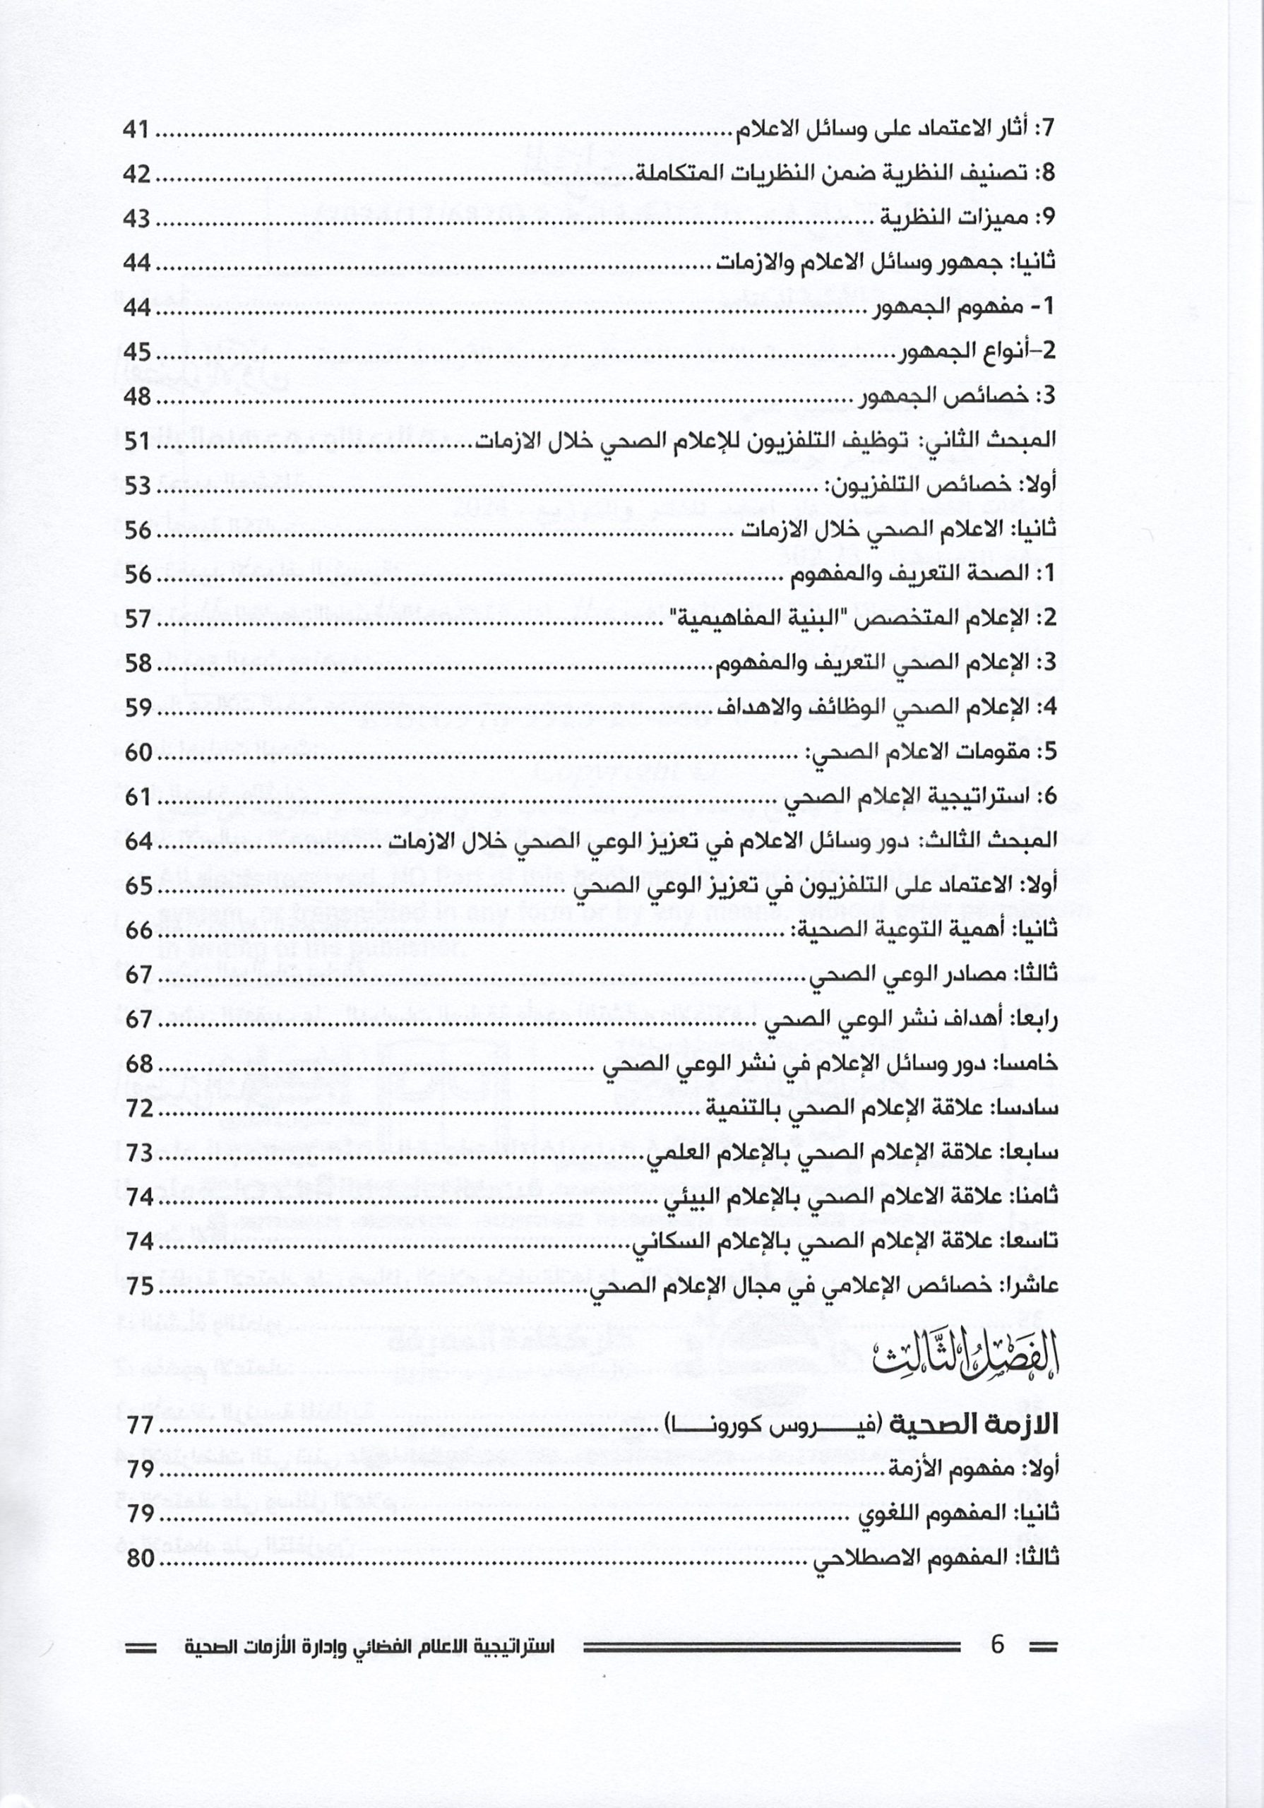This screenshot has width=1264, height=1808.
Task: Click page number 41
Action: pos(136,129)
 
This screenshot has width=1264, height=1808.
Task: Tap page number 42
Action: pos(136,174)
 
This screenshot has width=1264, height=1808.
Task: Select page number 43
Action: pos(136,218)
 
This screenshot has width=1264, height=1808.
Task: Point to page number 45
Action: pos(136,352)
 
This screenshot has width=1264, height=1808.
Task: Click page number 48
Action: pos(136,397)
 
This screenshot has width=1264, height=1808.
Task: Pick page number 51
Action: pos(136,441)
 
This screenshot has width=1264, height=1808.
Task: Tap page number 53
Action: pos(136,486)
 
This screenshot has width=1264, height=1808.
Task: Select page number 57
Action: pos(136,619)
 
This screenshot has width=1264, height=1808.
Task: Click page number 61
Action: pos(136,797)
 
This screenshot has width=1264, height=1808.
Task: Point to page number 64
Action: pos(136,841)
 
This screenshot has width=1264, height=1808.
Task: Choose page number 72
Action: pos(136,1108)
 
